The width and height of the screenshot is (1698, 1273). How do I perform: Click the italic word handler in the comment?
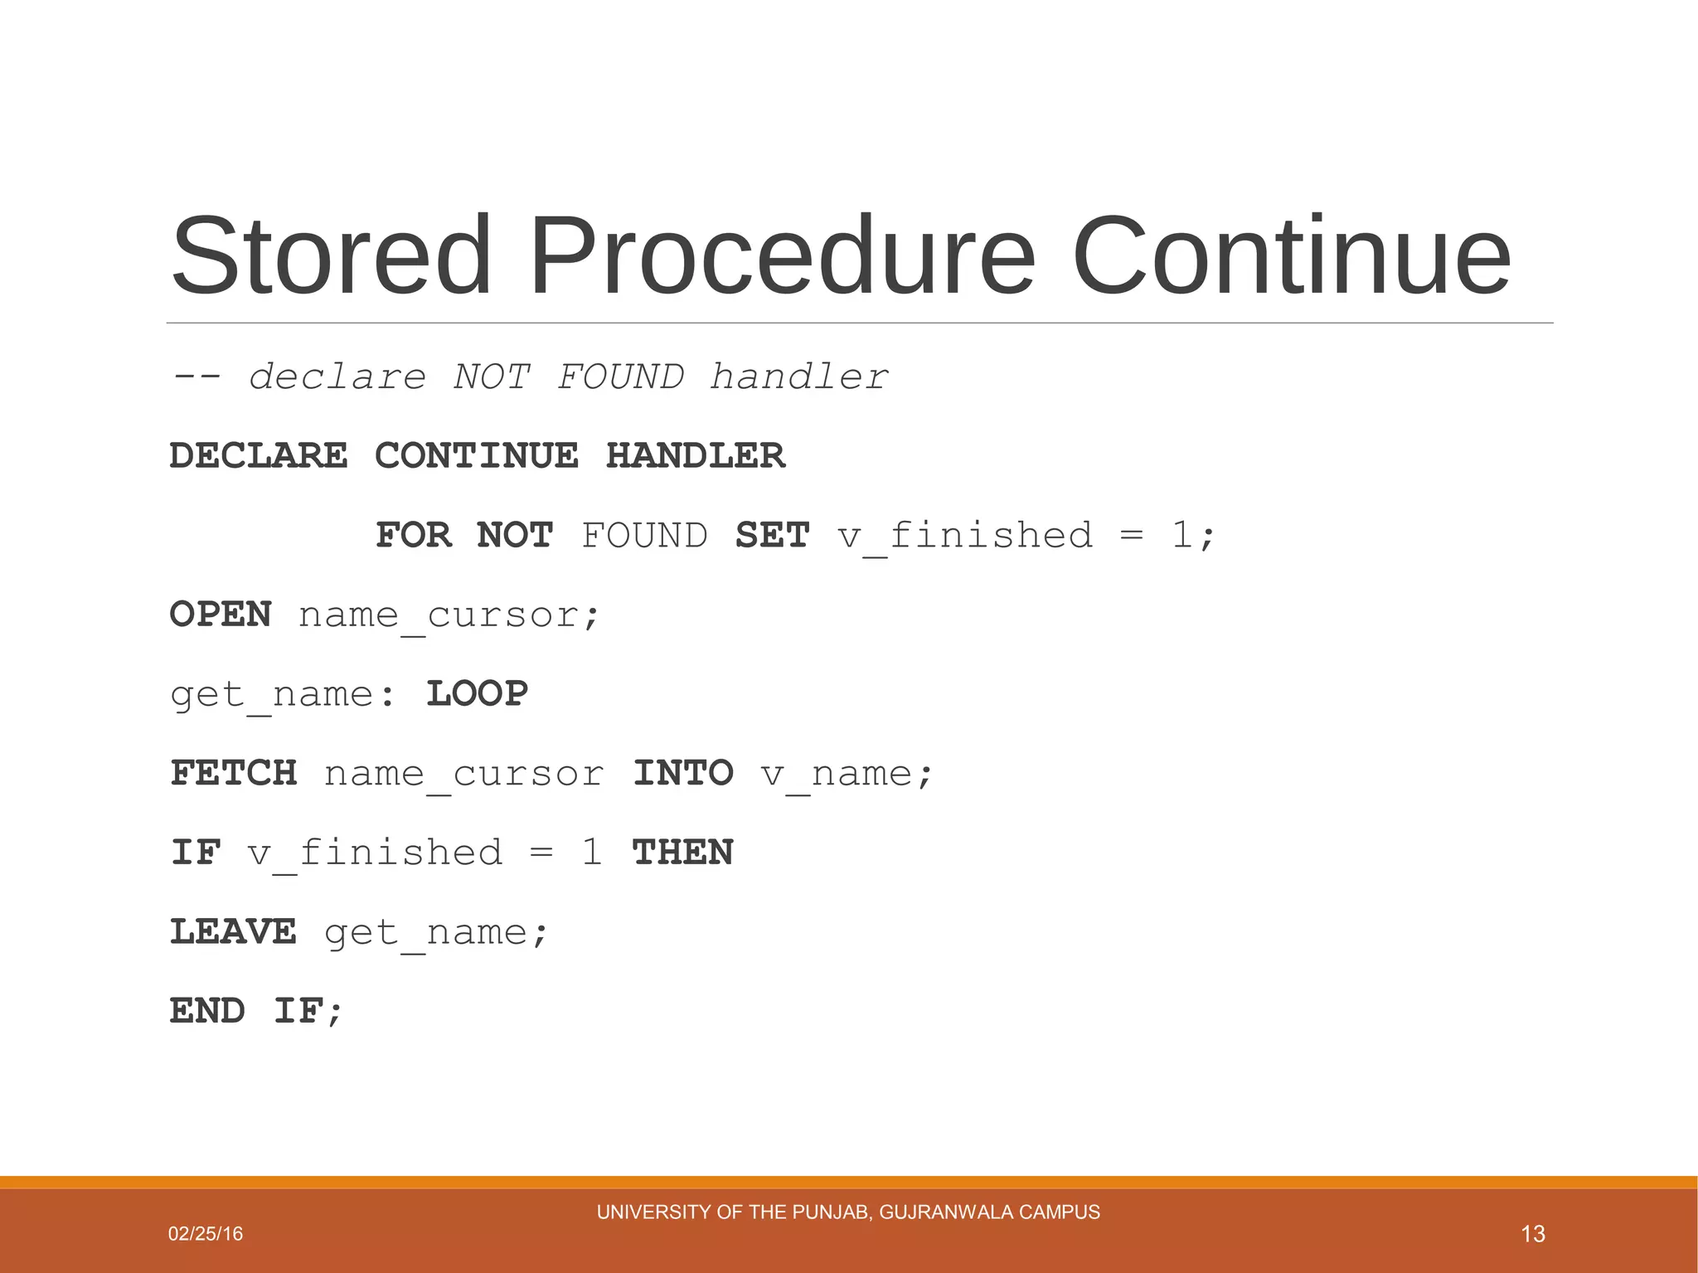pos(799,377)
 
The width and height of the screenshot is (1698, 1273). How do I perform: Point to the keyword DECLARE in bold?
pos(259,456)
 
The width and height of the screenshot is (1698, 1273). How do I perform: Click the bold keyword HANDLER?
pos(696,456)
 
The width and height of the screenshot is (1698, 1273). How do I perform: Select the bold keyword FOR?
pos(414,536)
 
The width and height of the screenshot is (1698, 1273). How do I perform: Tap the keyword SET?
pos(772,536)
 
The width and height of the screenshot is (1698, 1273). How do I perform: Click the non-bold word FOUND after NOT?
pos(644,536)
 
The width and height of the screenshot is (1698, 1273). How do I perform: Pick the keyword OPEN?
pos(221,615)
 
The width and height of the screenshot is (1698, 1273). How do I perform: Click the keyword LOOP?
pos(477,694)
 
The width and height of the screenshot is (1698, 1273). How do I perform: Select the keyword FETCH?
pos(234,774)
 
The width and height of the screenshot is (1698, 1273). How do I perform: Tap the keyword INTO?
pos(683,774)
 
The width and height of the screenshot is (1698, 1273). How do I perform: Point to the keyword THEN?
pos(683,853)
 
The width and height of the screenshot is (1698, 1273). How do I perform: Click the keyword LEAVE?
pos(234,932)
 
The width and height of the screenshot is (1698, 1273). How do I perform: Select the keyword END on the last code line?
pos(208,1011)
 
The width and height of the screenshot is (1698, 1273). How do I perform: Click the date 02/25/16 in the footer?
pos(206,1234)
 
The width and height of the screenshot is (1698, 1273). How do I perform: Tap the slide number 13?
pos(1533,1234)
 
